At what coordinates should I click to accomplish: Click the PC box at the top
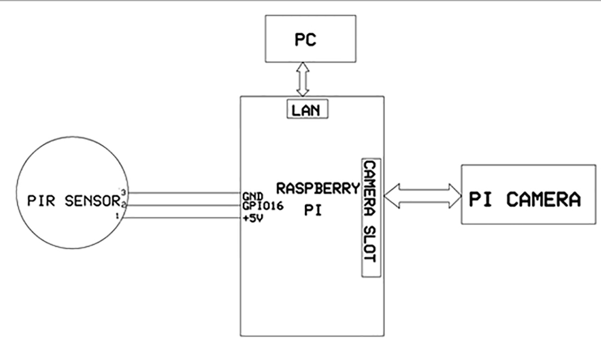coord(305,39)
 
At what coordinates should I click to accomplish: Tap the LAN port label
coord(307,110)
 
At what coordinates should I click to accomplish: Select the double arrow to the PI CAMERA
coord(422,194)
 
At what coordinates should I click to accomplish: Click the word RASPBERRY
coord(319,189)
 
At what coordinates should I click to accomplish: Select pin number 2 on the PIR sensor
coord(123,204)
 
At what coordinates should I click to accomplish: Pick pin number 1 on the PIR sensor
coord(117,216)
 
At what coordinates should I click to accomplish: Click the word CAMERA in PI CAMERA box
coord(543,199)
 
